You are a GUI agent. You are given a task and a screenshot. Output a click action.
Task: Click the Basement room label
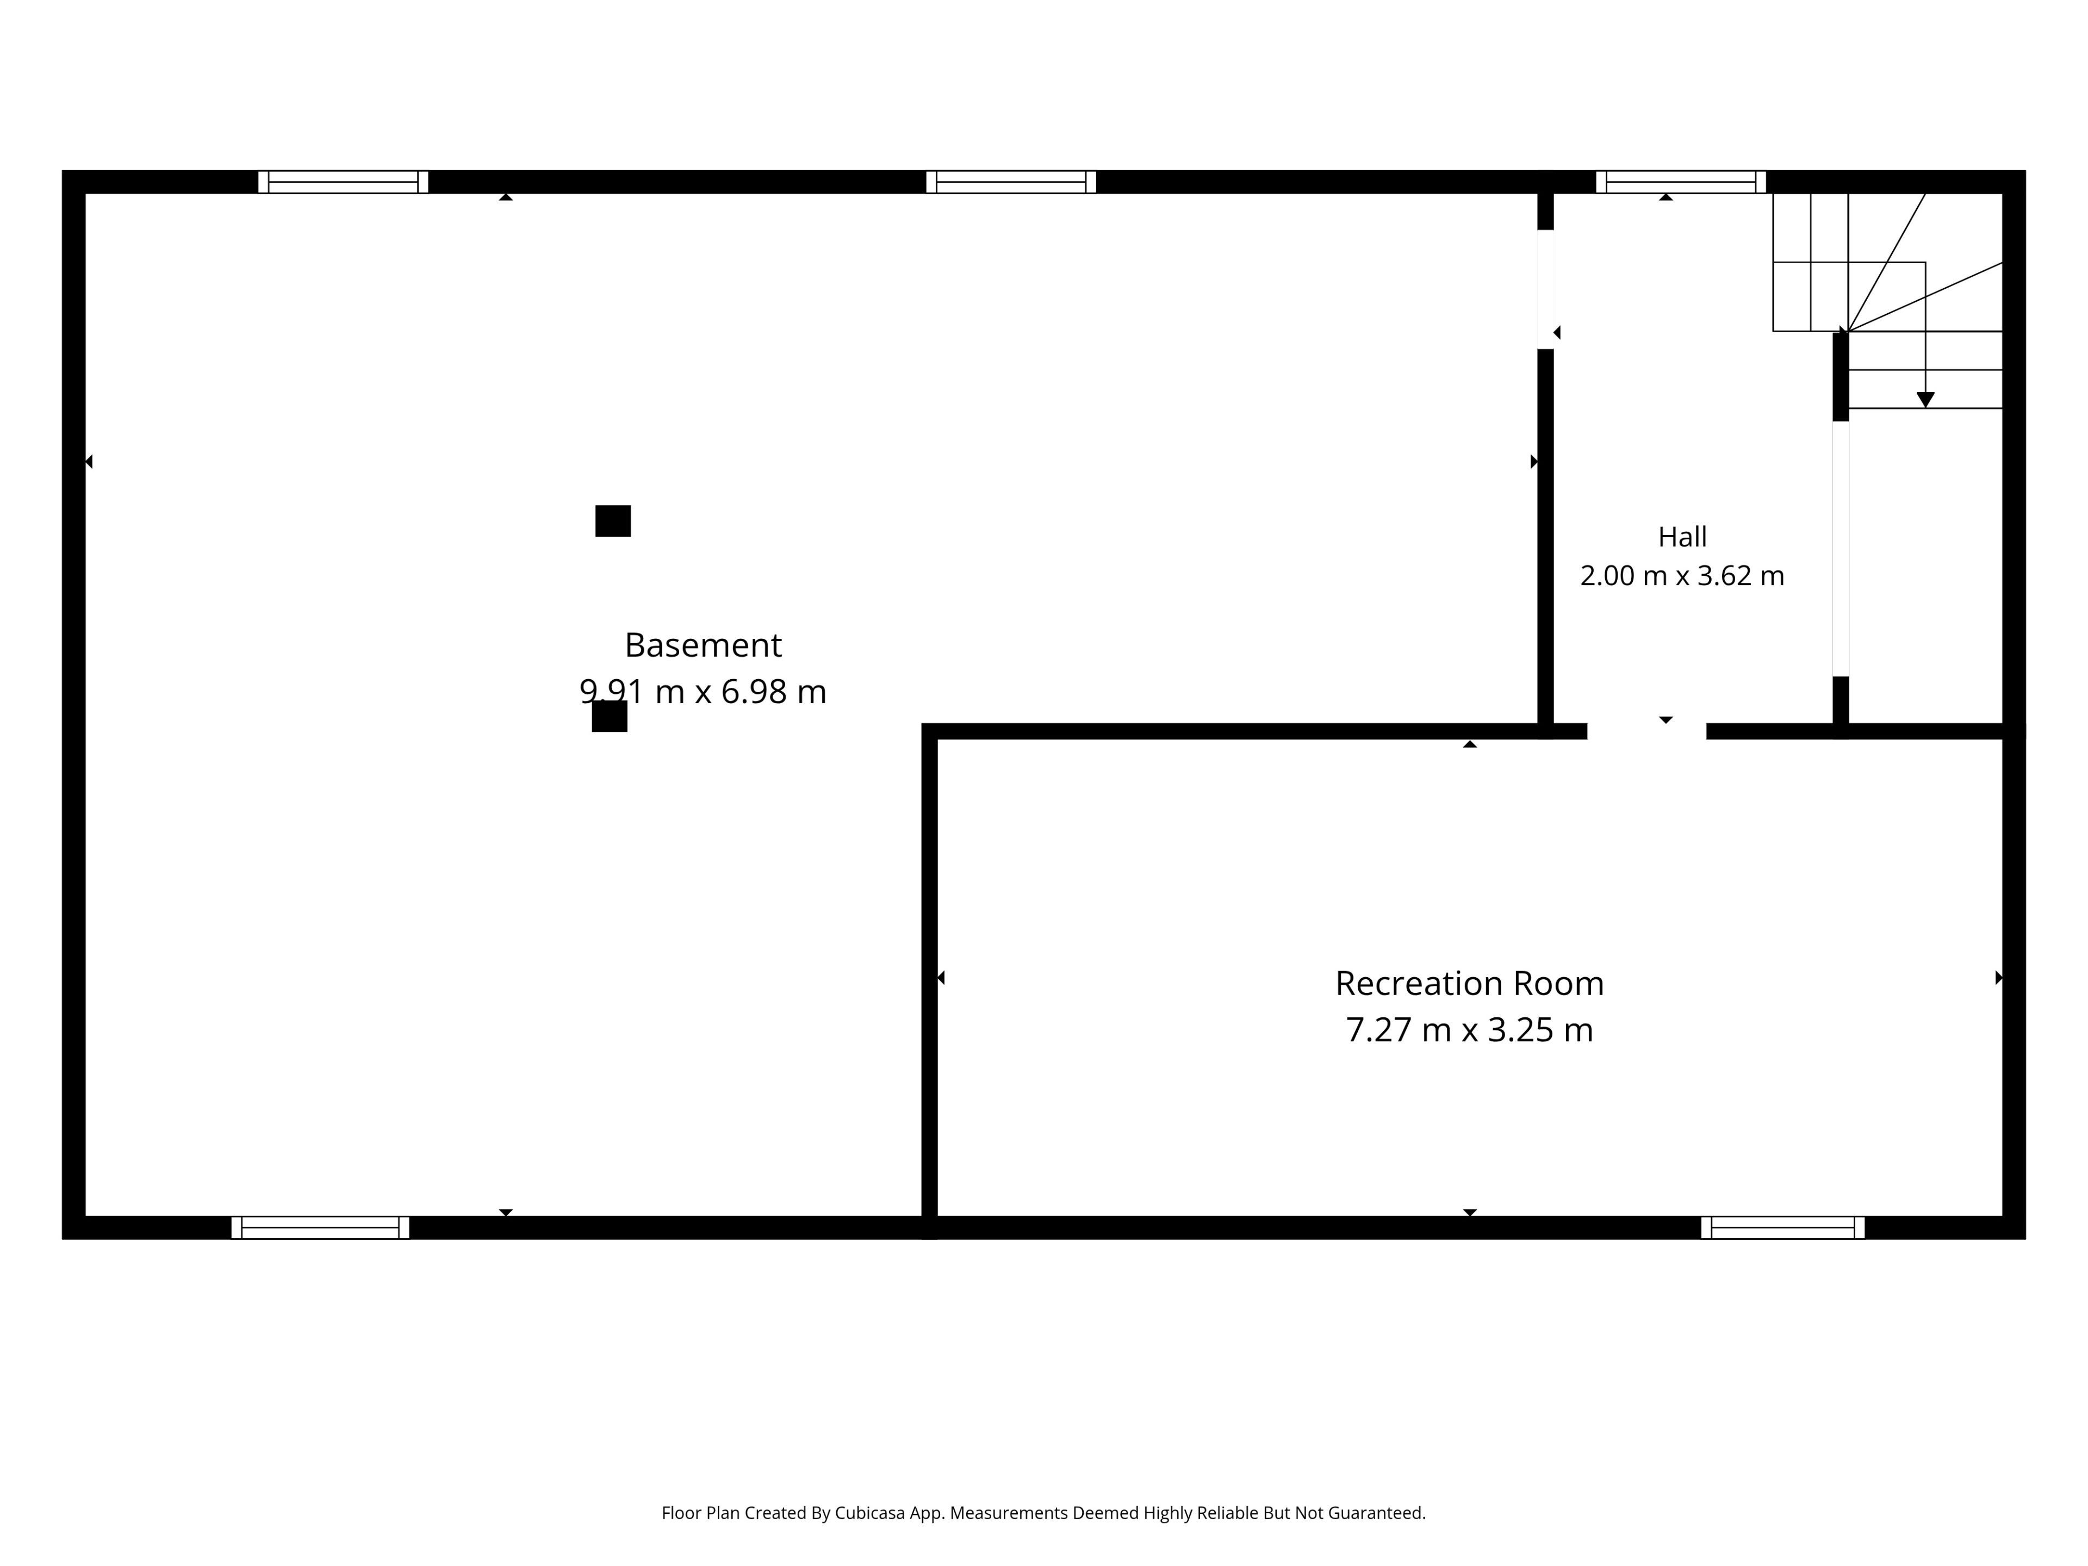pyautogui.click(x=703, y=645)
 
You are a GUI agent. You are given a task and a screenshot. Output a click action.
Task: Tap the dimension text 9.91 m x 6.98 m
pyautogui.click(x=703, y=692)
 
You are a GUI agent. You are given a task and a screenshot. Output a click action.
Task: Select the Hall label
pyautogui.click(x=1682, y=537)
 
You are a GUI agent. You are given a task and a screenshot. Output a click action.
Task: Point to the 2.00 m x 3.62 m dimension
pyautogui.click(x=1682, y=576)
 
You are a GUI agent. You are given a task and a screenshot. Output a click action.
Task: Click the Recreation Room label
pyautogui.click(x=1469, y=984)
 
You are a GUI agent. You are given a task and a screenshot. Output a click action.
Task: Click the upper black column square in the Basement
pyautogui.click(x=613, y=521)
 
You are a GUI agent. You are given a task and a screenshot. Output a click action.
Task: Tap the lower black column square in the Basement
pyautogui.click(x=609, y=717)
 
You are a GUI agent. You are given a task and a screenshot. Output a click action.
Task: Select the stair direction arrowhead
pyautogui.click(x=1925, y=400)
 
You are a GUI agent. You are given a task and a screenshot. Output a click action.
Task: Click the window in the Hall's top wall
pyautogui.click(x=1680, y=182)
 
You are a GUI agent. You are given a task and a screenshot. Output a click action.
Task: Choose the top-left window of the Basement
pyautogui.click(x=343, y=182)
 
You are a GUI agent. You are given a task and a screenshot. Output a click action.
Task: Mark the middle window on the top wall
pyautogui.click(x=1011, y=182)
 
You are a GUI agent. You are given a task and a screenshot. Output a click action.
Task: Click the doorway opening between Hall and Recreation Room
pyautogui.click(x=1647, y=731)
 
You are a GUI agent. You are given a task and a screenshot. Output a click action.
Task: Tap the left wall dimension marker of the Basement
pyautogui.click(x=89, y=462)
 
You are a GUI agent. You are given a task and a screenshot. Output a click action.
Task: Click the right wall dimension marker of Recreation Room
pyautogui.click(x=1998, y=978)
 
